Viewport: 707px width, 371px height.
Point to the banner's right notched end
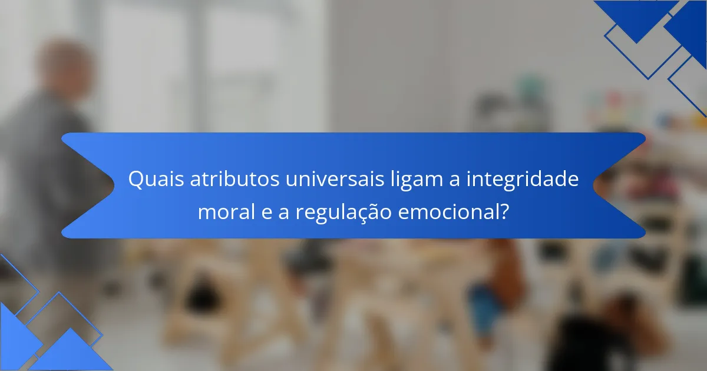tap(619, 185)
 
